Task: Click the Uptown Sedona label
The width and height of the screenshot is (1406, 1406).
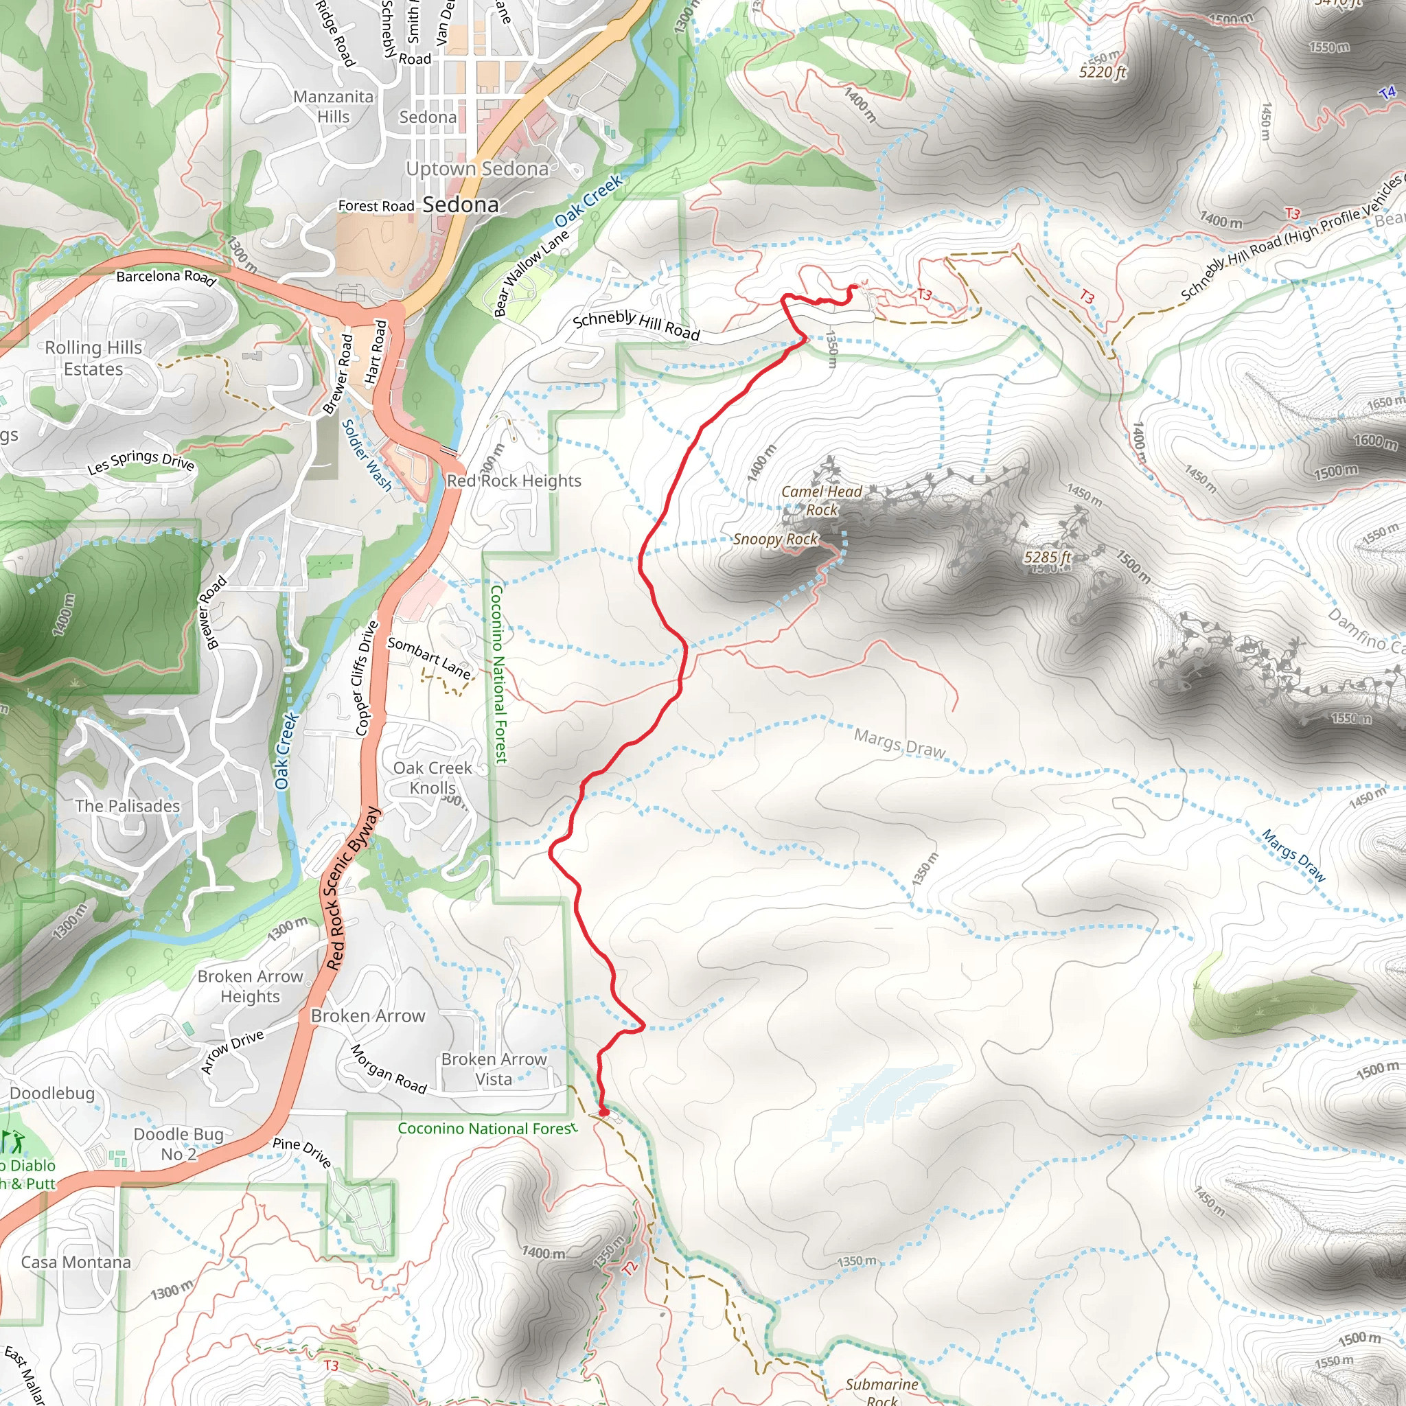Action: pos(476,169)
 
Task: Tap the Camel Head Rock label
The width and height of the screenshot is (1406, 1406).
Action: pos(821,500)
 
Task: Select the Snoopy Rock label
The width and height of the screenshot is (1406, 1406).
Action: pos(775,539)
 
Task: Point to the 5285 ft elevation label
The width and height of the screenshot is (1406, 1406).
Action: pos(1047,557)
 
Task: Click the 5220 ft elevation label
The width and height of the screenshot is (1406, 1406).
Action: pos(1102,72)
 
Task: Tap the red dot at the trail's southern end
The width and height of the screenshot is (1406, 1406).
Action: pos(603,1111)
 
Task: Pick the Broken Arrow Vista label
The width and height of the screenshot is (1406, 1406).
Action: pos(494,1069)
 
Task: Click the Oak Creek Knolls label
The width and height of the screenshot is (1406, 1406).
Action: pos(433,777)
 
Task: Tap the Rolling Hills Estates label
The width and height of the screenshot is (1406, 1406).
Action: pos(93,358)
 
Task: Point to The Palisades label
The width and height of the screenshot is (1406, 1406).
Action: pos(128,805)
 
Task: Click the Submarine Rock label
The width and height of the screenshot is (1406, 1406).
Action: pos(881,1391)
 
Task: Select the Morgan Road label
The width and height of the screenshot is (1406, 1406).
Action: pos(388,1069)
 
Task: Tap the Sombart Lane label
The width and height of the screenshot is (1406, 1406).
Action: pos(428,657)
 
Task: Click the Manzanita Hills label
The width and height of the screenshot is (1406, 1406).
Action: pos(333,106)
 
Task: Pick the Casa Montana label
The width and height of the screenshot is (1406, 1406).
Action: pos(76,1263)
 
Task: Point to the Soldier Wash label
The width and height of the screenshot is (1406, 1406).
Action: pos(366,456)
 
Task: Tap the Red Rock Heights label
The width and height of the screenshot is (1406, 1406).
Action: pos(514,481)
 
